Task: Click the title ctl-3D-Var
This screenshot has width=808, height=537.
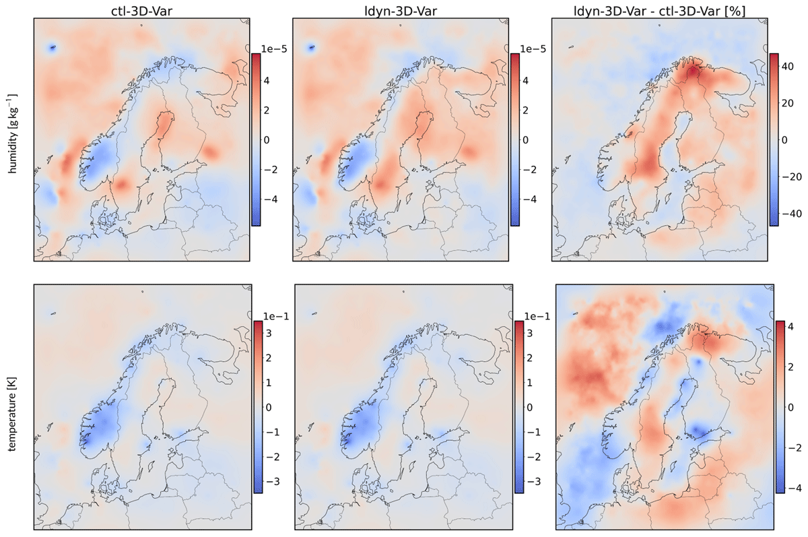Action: click(x=141, y=11)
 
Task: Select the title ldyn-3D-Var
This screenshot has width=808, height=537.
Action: click(x=401, y=11)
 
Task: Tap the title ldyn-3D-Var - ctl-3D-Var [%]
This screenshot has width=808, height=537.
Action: click(x=659, y=11)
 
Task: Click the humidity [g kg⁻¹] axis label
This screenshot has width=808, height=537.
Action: click(x=13, y=133)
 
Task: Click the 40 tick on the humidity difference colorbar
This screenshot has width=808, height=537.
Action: click(x=788, y=67)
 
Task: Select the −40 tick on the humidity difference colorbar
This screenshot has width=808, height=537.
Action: click(x=792, y=214)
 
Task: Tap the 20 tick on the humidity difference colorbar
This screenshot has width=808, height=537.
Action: click(x=788, y=103)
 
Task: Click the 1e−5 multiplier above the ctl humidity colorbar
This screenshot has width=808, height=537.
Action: click(x=274, y=49)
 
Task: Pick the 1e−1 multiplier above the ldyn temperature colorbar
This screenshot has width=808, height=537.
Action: click(x=537, y=316)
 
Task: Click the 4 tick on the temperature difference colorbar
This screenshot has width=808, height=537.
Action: click(x=790, y=327)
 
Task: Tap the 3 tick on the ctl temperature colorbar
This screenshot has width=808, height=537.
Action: click(x=269, y=333)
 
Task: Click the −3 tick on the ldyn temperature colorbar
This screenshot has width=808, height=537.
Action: click(x=533, y=482)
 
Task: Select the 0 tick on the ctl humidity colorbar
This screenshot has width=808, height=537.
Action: click(x=267, y=139)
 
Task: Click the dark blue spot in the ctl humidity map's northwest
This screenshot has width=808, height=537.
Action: click(x=53, y=47)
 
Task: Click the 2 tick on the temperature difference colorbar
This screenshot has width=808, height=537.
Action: click(x=790, y=367)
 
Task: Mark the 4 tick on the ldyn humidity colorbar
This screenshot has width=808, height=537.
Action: click(x=525, y=80)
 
